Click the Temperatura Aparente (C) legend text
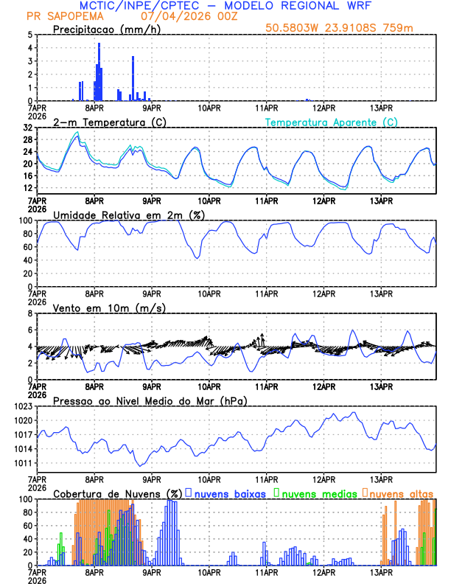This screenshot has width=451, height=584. tap(332, 122)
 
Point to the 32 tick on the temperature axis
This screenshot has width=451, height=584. tap(27, 128)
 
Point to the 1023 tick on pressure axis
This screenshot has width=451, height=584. tap(22, 406)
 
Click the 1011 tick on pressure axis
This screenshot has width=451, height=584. tap(22, 463)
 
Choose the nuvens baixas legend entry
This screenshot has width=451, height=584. tap(230, 493)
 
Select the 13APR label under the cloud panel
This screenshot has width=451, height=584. tap(381, 571)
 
